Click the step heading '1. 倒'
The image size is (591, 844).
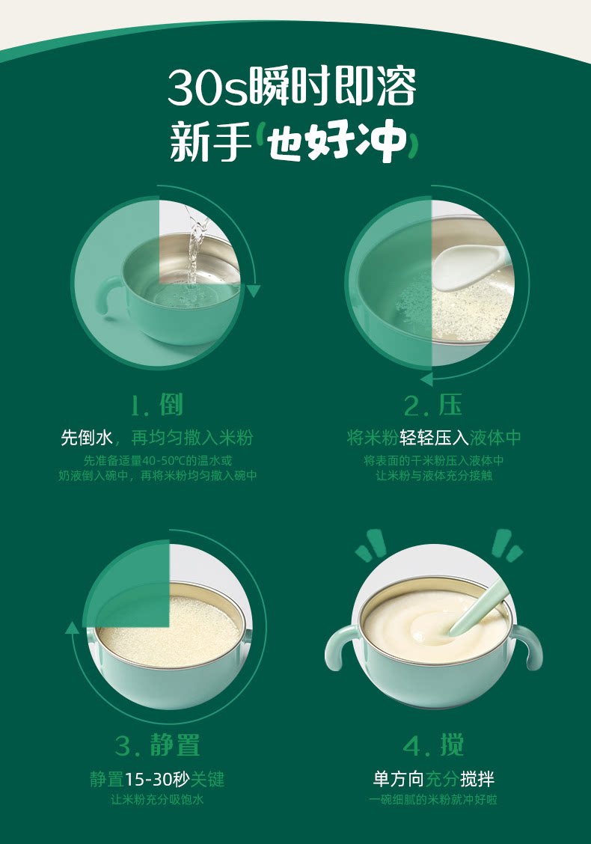pyautogui.click(x=157, y=406)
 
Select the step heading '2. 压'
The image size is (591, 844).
pyautogui.click(x=433, y=406)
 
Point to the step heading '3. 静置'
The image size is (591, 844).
pyautogui.click(x=157, y=745)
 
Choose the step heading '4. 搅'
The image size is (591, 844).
pyautogui.click(x=433, y=745)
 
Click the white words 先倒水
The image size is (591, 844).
pyautogui.click(x=86, y=438)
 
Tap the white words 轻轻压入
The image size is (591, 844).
pyautogui.click(x=434, y=438)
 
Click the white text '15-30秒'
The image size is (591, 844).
pyautogui.click(x=157, y=779)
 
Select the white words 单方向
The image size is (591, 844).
pyautogui.click(x=398, y=779)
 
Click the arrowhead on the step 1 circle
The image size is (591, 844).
pyautogui.click(x=253, y=291)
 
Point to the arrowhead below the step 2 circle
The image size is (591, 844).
pyautogui.click(x=426, y=379)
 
